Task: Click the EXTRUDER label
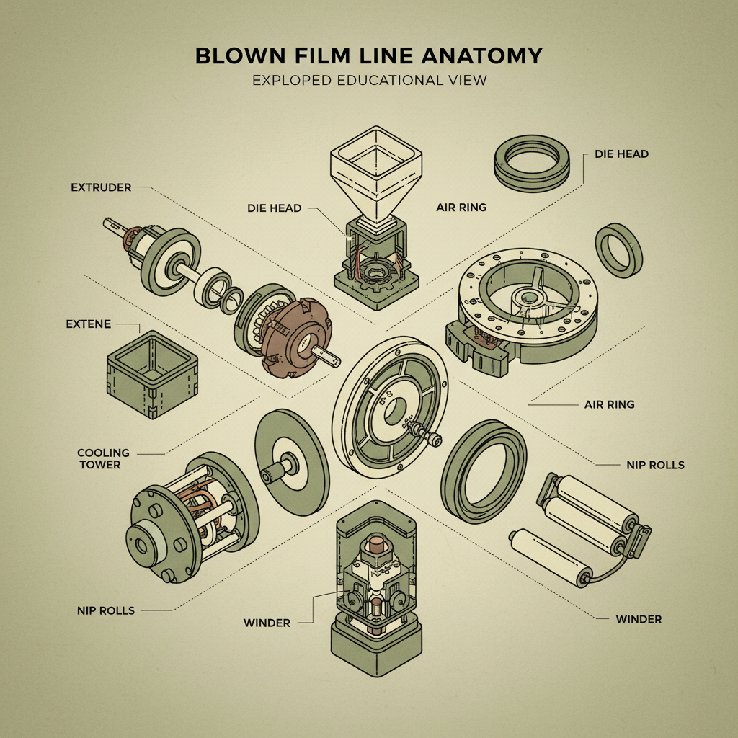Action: (101, 187)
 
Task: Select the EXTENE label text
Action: (89, 324)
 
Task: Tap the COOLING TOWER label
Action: (104, 458)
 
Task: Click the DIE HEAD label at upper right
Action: (621, 154)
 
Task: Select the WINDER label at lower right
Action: (639, 619)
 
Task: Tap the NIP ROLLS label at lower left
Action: (105, 610)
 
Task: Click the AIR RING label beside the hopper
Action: (461, 207)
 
